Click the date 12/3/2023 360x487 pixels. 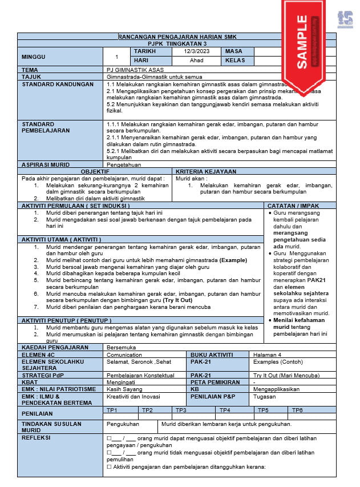pyautogui.click(x=196, y=51)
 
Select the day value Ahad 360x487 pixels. pyautogui.click(x=196, y=61)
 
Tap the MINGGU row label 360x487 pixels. pyautogui.click(x=34, y=57)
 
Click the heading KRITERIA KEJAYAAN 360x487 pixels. pyautogui.click(x=206, y=171)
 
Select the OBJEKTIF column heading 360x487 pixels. pyautogui.click(x=95, y=171)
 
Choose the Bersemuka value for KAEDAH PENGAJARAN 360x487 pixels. pyautogui.click(x=121, y=347)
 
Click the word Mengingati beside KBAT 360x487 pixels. pyautogui.click(x=122, y=382)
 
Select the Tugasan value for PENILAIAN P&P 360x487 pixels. pyautogui.click(x=265, y=396)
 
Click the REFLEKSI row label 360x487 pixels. pyautogui.click(x=36, y=438)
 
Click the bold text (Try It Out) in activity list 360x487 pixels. pyautogui.click(x=177, y=300)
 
